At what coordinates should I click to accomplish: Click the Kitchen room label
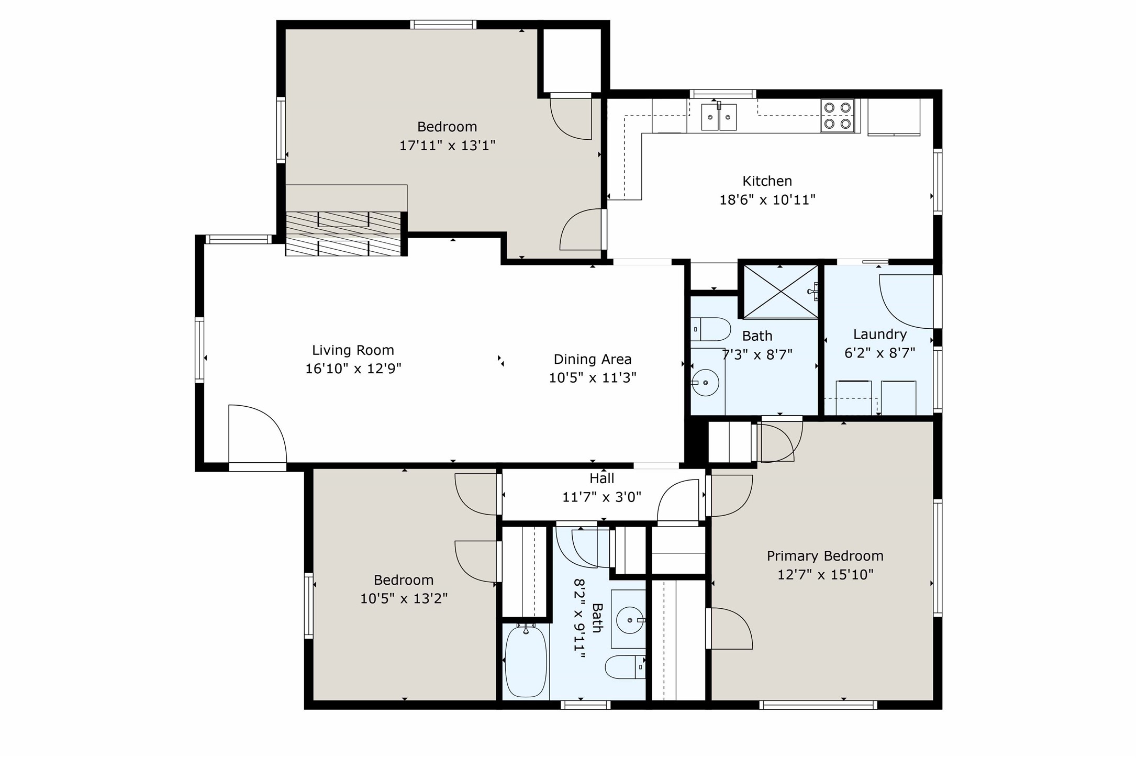tap(767, 181)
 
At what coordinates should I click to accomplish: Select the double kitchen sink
tap(719, 117)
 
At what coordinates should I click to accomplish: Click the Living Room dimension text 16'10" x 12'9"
tap(353, 369)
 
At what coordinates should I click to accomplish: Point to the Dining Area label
tap(593, 359)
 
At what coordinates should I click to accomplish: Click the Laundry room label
tap(880, 334)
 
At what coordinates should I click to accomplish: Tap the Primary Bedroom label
tap(825, 555)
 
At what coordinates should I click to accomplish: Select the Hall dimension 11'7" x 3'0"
tap(601, 496)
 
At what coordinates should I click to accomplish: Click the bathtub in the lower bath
tap(526, 661)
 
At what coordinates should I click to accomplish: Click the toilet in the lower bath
tap(626, 667)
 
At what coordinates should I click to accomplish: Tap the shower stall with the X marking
tap(781, 292)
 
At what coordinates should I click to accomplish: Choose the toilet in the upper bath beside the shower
tap(710, 329)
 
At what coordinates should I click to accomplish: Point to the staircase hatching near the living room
tap(343, 233)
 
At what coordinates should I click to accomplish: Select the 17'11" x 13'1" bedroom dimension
tap(448, 145)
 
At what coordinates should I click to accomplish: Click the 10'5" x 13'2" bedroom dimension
tap(404, 598)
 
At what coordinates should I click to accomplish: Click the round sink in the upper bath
tap(705, 383)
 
